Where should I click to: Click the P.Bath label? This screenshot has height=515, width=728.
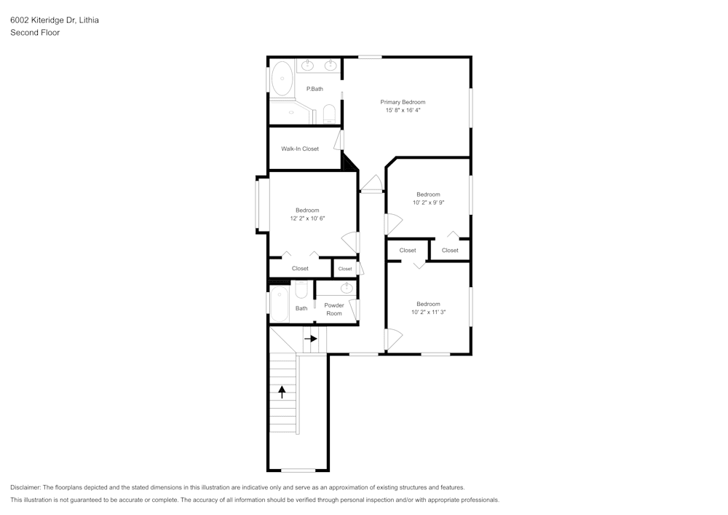point(314,89)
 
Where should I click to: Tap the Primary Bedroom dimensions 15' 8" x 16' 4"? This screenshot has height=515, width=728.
point(403,110)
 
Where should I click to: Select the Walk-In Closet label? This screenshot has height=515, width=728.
point(300,149)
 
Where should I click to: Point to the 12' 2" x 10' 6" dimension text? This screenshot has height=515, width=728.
point(306,218)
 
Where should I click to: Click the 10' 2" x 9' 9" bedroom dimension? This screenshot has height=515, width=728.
point(428,203)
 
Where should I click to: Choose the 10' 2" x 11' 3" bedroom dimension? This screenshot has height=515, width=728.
point(428,312)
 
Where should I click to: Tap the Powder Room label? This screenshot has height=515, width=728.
point(334,310)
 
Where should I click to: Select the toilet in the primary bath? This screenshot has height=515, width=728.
point(329,114)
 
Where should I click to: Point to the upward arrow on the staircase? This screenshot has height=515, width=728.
point(282,392)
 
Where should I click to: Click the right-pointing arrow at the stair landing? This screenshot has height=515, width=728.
point(311,338)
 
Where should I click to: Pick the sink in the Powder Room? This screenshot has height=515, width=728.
point(347,288)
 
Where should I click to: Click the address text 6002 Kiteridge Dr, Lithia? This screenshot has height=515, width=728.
point(55,20)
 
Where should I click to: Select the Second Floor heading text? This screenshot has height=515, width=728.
point(35,33)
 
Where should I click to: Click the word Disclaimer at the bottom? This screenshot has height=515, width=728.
point(25,487)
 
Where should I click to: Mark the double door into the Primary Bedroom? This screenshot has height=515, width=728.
point(371,184)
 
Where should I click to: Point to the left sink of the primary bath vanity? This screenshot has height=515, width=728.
point(308,66)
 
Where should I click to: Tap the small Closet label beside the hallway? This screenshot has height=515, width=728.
point(345,269)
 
